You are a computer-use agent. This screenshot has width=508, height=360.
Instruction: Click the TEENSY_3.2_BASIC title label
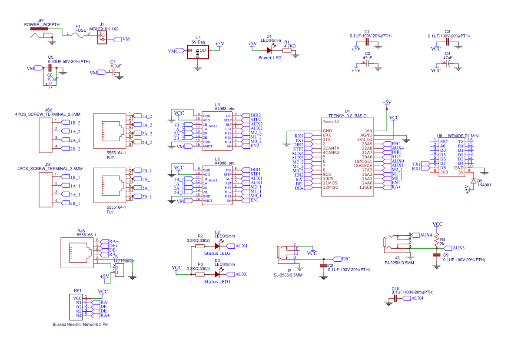coord(347,116)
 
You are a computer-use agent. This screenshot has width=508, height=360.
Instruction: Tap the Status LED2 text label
coord(217,253)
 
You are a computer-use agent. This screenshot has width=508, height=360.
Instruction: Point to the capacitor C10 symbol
coord(395,298)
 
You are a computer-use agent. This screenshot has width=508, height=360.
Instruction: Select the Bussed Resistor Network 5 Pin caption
coord(80,324)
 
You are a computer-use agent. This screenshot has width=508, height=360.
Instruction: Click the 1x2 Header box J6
coord(120,269)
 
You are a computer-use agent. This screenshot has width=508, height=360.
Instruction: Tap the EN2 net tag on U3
coord(254,146)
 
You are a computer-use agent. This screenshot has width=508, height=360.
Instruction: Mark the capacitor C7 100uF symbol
coord(113,73)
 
